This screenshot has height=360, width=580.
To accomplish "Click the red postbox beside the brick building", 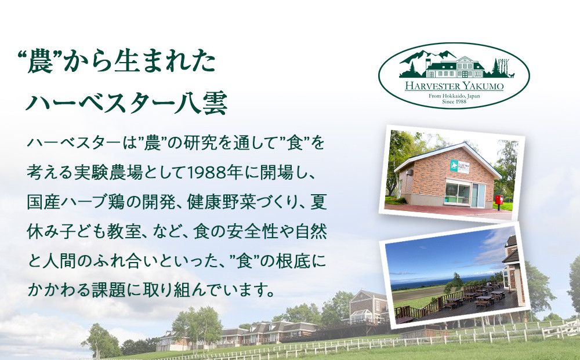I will (x=498, y=200).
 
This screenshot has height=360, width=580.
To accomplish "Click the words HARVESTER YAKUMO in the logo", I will (x=454, y=86).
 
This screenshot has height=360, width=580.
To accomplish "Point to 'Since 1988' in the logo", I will (x=454, y=101).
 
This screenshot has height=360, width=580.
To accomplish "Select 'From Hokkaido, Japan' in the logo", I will (x=454, y=94).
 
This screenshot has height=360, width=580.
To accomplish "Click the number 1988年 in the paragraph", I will (x=205, y=172).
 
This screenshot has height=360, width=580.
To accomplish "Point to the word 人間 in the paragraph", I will (x=63, y=261).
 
